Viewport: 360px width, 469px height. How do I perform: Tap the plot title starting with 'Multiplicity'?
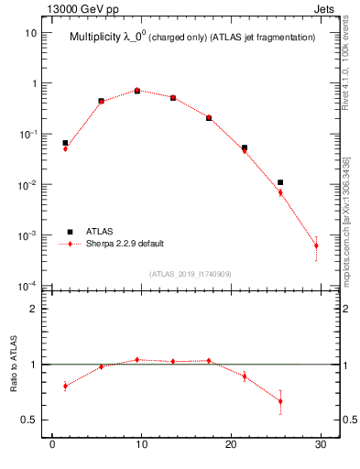[x=192, y=38]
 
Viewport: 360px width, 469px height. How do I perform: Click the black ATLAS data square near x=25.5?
[x=280, y=182]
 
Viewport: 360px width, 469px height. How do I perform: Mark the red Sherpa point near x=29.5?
[x=316, y=245]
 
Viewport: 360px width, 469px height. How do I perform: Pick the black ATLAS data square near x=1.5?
[x=65, y=143]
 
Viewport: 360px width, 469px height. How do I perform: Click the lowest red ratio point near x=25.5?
[x=280, y=401]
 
